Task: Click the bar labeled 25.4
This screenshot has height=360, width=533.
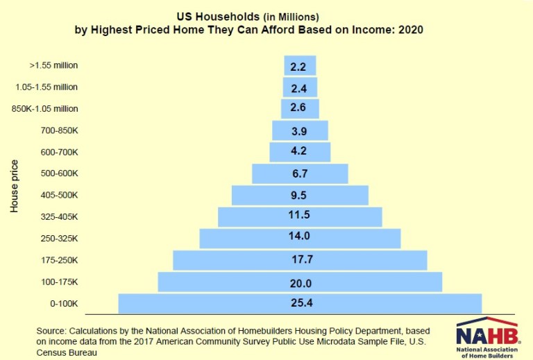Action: point(300,304)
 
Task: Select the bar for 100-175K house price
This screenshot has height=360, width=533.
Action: point(300,282)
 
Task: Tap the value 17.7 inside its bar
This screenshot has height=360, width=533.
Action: point(300,260)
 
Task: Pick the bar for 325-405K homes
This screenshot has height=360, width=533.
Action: point(300,216)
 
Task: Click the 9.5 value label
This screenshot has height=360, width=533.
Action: point(300,195)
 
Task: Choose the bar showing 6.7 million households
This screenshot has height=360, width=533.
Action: point(300,173)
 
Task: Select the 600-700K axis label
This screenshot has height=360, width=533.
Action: point(60,152)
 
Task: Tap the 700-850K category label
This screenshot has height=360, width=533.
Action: point(60,130)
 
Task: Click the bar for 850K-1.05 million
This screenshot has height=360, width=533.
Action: point(300,109)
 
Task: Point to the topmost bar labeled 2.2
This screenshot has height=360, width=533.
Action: point(300,66)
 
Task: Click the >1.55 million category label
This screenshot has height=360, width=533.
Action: point(54,66)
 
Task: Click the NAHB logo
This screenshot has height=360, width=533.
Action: point(488,338)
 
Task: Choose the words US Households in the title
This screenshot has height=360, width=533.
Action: point(205,15)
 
